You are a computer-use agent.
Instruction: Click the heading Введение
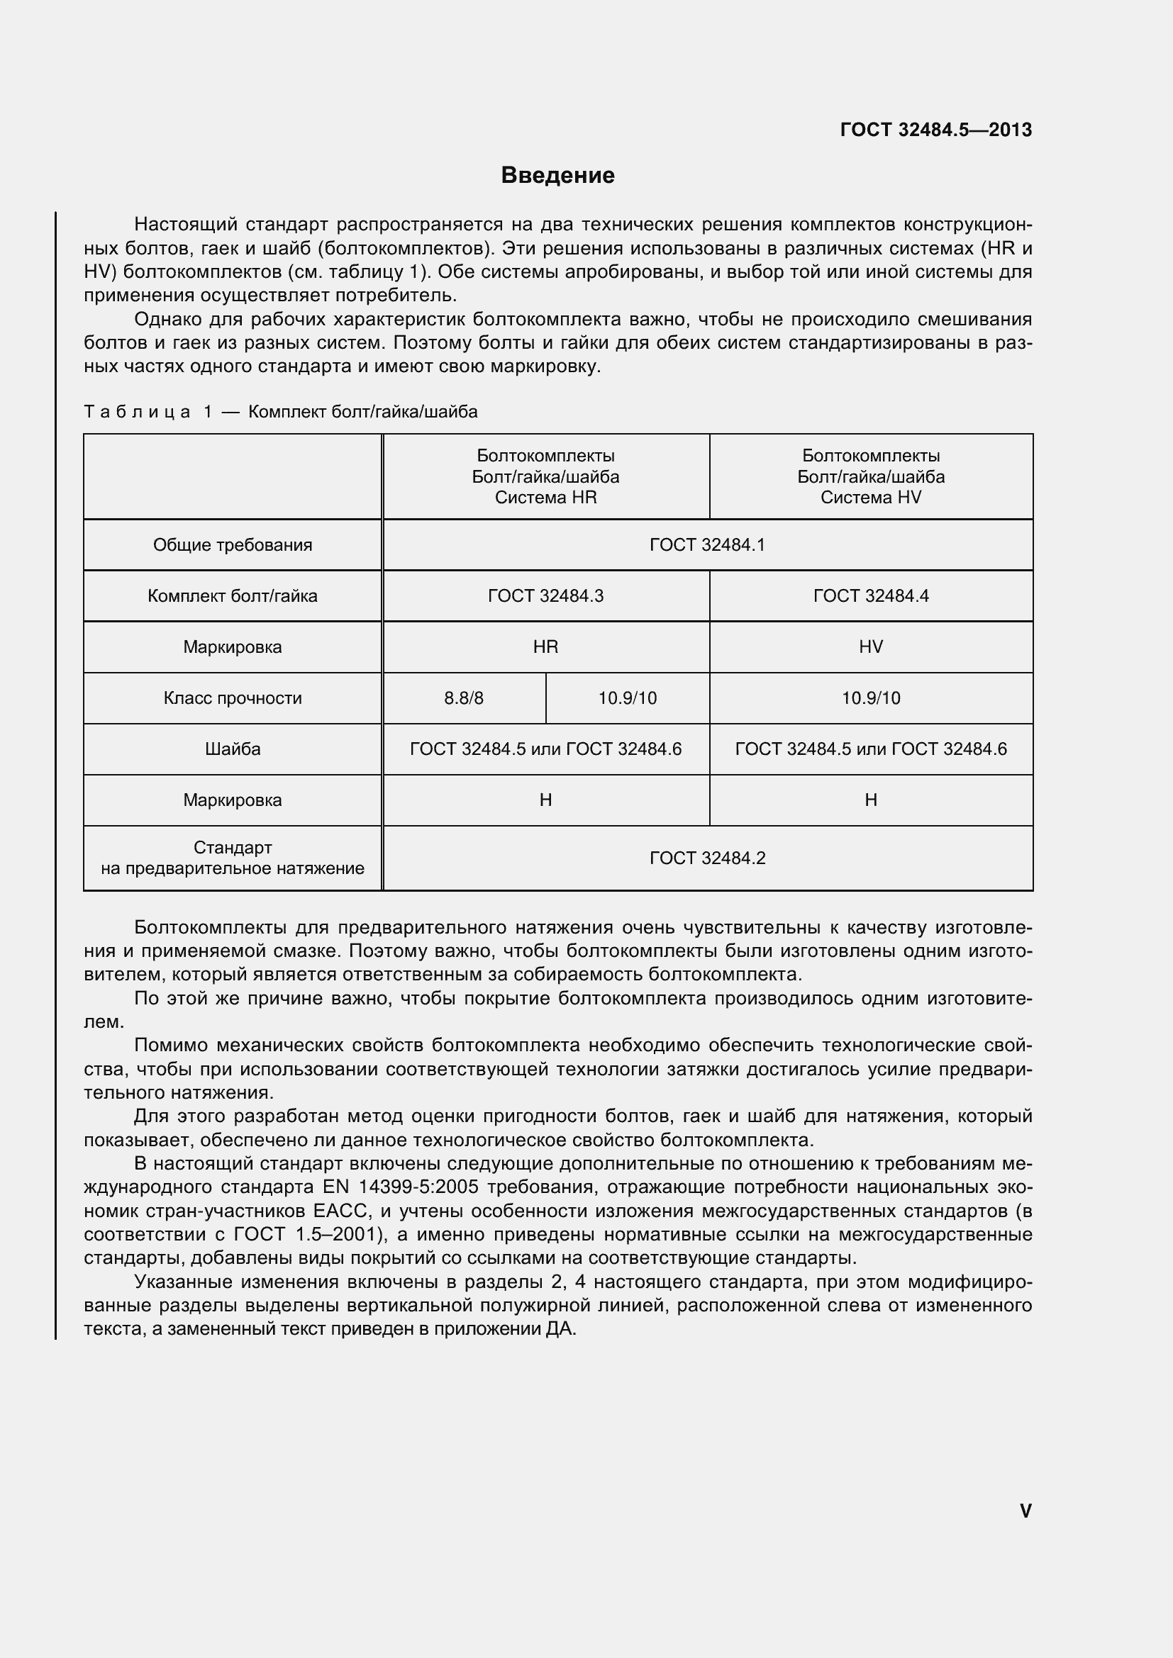[557, 176]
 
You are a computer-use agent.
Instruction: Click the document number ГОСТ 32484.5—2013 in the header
[935, 130]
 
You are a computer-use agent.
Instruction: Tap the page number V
[1025, 1511]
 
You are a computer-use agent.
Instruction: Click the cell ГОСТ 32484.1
[707, 544]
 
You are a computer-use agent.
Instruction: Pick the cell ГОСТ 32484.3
[545, 595]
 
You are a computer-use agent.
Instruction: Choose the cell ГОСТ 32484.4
[870, 595]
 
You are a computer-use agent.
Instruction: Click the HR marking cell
[545, 647]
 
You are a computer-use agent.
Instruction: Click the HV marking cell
[870, 647]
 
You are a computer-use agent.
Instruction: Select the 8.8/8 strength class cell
[464, 698]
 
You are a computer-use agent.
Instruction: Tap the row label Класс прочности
[233, 698]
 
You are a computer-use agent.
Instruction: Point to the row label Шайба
[233, 749]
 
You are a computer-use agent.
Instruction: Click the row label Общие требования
[233, 544]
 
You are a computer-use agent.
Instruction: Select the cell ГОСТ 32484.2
[707, 858]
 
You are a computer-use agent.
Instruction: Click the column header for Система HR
[545, 476]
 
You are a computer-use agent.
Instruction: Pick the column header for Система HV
[870, 476]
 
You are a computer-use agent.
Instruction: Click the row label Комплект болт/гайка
[233, 595]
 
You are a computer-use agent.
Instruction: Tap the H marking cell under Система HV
[870, 800]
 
